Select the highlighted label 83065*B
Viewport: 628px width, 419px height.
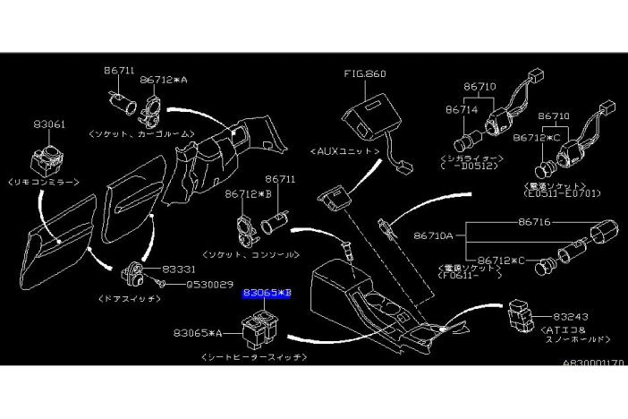(267, 293)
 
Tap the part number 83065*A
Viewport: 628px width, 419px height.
(198, 333)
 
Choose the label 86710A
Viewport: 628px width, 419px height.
(434, 237)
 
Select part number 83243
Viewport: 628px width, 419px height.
(571, 317)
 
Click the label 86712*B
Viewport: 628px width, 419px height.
(249, 192)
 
